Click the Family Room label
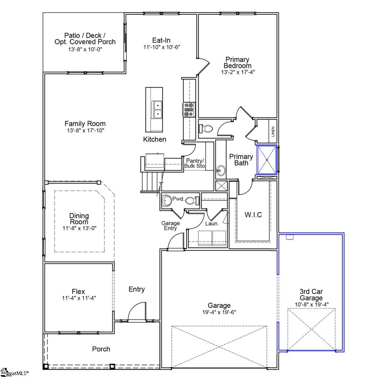click(x=85, y=123)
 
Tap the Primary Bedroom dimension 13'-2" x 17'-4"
click(x=238, y=72)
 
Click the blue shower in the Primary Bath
click(x=267, y=160)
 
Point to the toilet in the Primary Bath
click(x=206, y=128)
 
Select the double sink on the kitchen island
click(x=157, y=109)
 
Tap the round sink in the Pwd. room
click(x=166, y=200)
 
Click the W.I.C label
click(x=253, y=215)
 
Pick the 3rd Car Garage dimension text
click(x=311, y=304)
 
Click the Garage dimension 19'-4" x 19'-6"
click(x=219, y=312)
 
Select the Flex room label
click(x=78, y=292)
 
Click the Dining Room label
click(x=79, y=219)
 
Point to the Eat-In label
click(x=161, y=40)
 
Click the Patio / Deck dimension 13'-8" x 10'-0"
click(x=85, y=49)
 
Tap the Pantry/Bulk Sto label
click(x=194, y=163)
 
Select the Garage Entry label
click(x=171, y=226)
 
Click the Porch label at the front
click(x=101, y=349)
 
